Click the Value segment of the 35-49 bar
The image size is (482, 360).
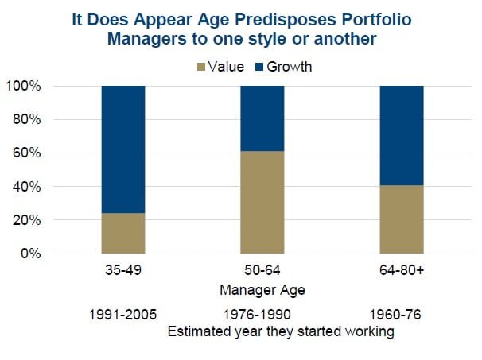(124, 234)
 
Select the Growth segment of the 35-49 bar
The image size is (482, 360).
(124, 149)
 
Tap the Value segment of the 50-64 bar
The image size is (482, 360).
(262, 203)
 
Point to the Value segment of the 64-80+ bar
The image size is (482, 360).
(402, 219)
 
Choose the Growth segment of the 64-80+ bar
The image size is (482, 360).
(402, 135)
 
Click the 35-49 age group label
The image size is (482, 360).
(124, 271)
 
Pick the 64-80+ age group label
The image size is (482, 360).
(402, 271)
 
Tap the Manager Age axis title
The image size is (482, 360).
(262, 289)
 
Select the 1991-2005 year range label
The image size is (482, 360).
(124, 315)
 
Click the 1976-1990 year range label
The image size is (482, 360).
(262, 315)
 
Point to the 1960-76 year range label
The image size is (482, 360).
(402, 315)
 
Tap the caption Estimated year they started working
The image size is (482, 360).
(282, 332)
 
